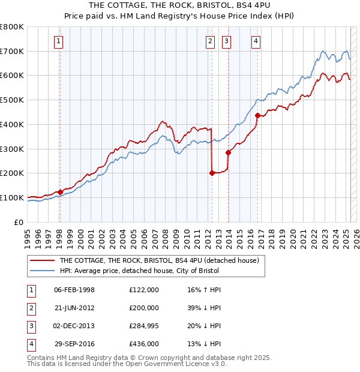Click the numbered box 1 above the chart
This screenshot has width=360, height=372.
(x=58, y=41)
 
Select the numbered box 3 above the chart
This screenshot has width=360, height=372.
(x=226, y=41)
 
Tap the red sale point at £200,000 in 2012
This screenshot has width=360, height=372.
(x=212, y=173)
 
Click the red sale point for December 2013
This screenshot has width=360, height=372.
(x=228, y=152)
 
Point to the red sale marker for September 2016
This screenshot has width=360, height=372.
(x=257, y=115)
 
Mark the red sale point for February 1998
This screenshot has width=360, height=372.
(x=60, y=192)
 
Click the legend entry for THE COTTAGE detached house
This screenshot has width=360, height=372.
(x=159, y=260)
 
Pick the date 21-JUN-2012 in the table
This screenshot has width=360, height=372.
(x=74, y=308)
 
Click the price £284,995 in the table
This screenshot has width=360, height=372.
(x=144, y=326)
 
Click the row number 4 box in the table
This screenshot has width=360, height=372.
(x=31, y=344)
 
